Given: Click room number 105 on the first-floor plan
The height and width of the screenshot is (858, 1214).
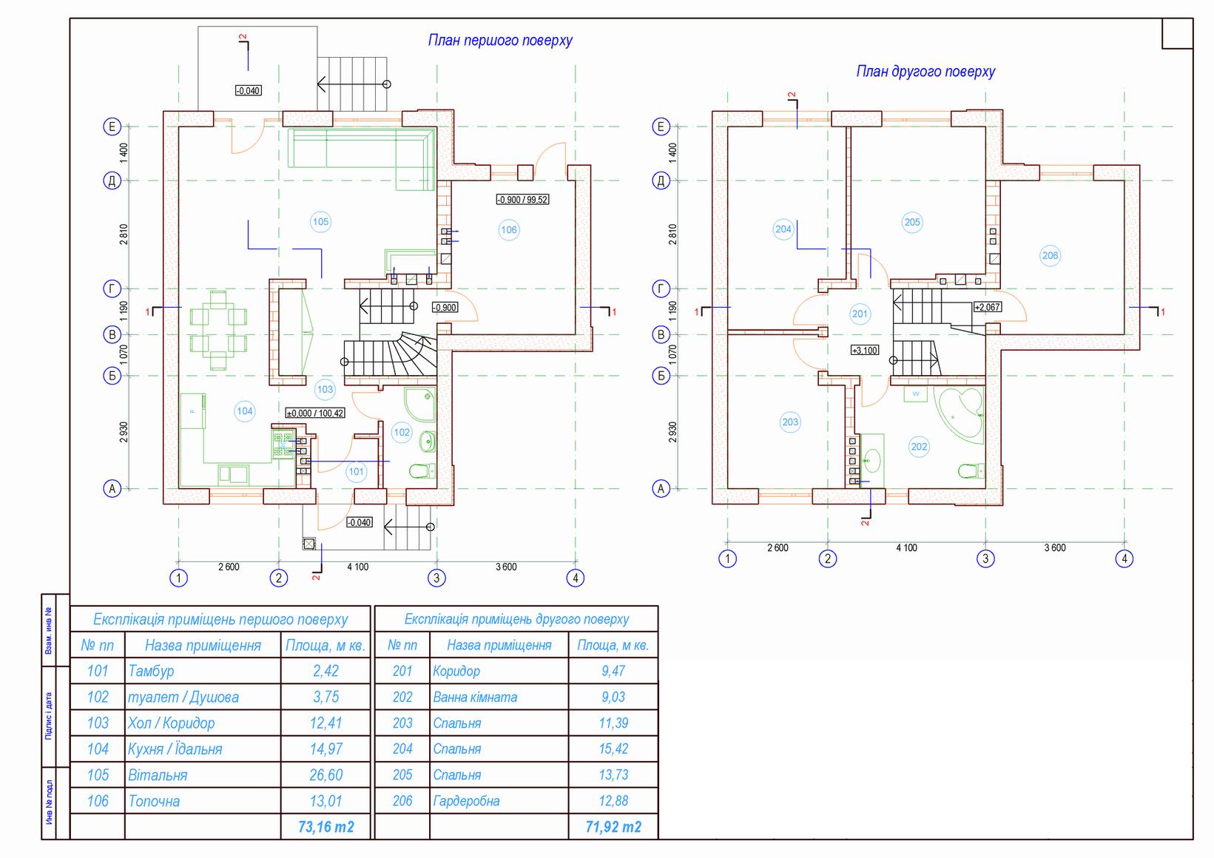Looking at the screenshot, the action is (x=320, y=222).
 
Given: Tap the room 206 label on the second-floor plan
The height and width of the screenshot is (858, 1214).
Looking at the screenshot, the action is (x=1050, y=255).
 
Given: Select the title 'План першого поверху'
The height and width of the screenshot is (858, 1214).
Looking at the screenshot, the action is (x=500, y=41).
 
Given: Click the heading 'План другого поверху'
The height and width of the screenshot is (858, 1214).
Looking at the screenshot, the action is (x=925, y=72).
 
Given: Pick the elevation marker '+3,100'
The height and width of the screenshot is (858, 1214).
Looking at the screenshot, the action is (x=864, y=350).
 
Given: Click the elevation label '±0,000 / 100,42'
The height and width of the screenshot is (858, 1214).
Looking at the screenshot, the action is (x=315, y=413).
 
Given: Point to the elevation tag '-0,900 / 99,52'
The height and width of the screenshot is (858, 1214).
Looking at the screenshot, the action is (x=522, y=200).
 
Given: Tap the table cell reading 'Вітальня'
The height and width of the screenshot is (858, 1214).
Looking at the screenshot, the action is (x=158, y=775).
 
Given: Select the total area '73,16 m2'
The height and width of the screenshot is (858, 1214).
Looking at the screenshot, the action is (x=326, y=826).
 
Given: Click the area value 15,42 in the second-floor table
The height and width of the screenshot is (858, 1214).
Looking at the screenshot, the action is (x=613, y=749).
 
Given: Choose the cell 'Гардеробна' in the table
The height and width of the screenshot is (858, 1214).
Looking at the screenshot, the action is (x=466, y=800).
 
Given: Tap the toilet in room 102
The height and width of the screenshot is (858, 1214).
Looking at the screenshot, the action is (x=422, y=470).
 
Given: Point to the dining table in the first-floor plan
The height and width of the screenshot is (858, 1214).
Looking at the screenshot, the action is (x=218, y=330).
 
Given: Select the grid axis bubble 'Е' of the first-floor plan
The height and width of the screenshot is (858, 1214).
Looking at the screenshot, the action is (x=112, y=126).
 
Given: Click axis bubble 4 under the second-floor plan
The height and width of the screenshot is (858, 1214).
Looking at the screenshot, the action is (x=1124, y=558).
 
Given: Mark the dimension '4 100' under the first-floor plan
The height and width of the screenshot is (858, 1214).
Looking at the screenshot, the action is (x=358, y=567).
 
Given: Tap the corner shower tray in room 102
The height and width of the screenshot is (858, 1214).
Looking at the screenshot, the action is (x=420, y=404).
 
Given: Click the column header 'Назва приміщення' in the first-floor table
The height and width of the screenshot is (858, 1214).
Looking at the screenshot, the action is (x=203, y=645).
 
